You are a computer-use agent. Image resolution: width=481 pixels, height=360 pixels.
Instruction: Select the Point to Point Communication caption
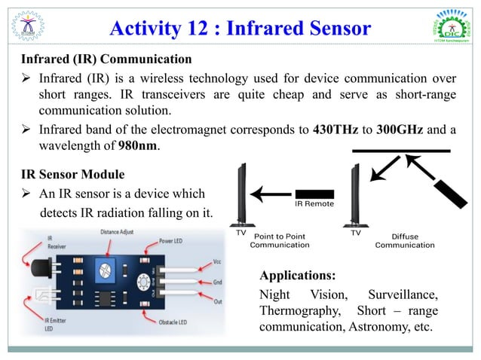[x=280, y=240]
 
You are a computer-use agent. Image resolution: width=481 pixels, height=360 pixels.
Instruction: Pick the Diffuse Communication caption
[x=405, y=240]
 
